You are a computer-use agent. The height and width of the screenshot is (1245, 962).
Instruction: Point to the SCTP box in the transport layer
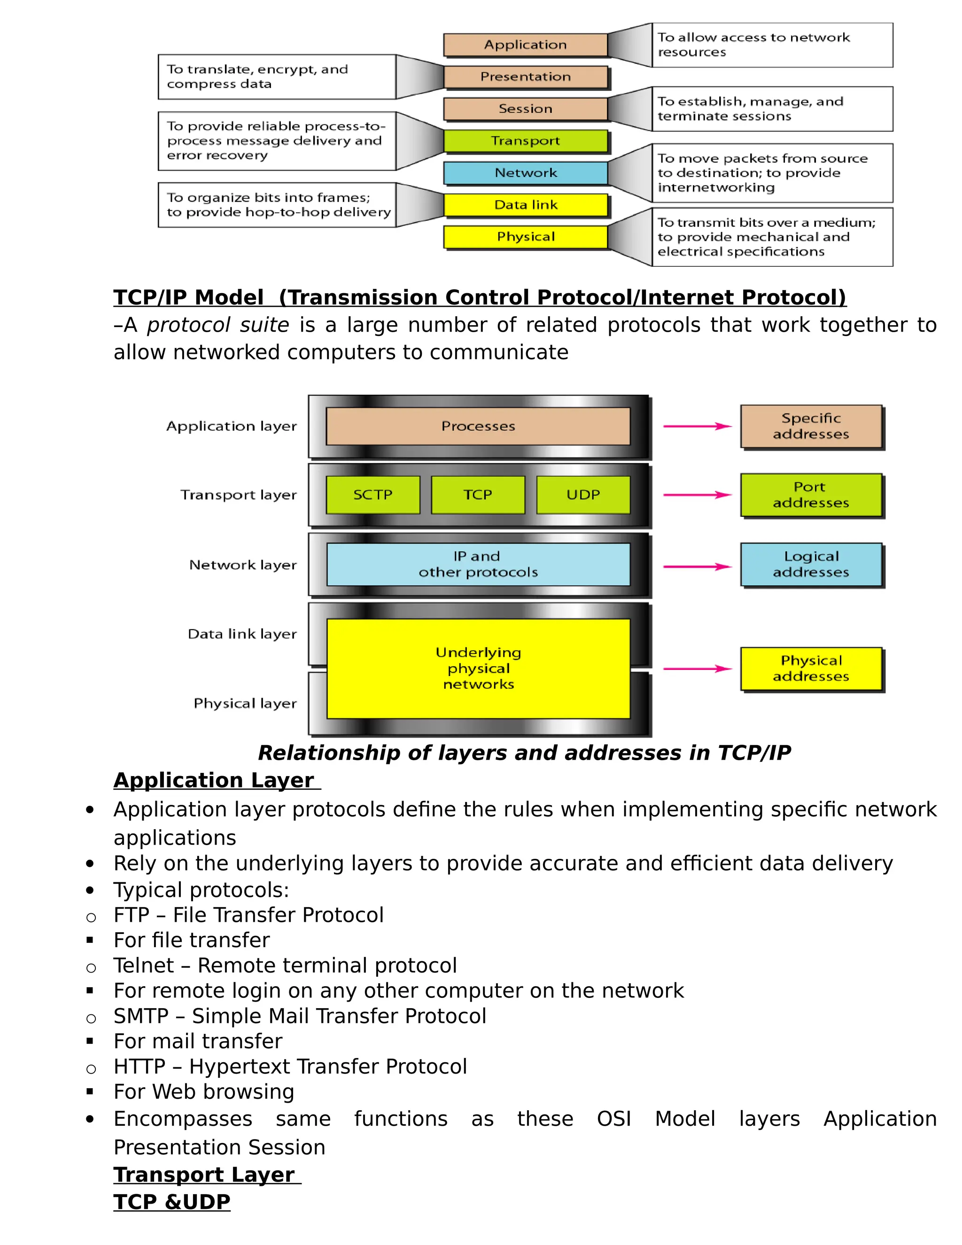[x=372, y=495]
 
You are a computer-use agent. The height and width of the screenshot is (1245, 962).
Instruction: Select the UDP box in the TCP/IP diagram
[x=583, y=495]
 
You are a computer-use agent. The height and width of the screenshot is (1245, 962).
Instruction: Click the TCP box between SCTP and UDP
[x=478, y=495]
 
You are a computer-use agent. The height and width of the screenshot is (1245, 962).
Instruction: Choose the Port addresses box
[x=810, y=495]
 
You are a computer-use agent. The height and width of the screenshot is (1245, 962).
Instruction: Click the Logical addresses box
[x=810, y=564]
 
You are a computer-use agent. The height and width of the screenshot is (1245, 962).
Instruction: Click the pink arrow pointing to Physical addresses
[x=697, y=669]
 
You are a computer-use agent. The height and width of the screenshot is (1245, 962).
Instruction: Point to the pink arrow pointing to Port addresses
[x=697, y=495]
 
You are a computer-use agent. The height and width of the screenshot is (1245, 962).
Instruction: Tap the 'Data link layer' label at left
[x=242, y=634]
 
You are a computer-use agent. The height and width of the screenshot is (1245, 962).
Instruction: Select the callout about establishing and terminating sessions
[x=772, y=109]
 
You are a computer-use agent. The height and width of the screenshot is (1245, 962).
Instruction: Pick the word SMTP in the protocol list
[x=141, y=1016]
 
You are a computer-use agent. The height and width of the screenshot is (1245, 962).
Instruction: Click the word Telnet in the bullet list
[x=144, y=965]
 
